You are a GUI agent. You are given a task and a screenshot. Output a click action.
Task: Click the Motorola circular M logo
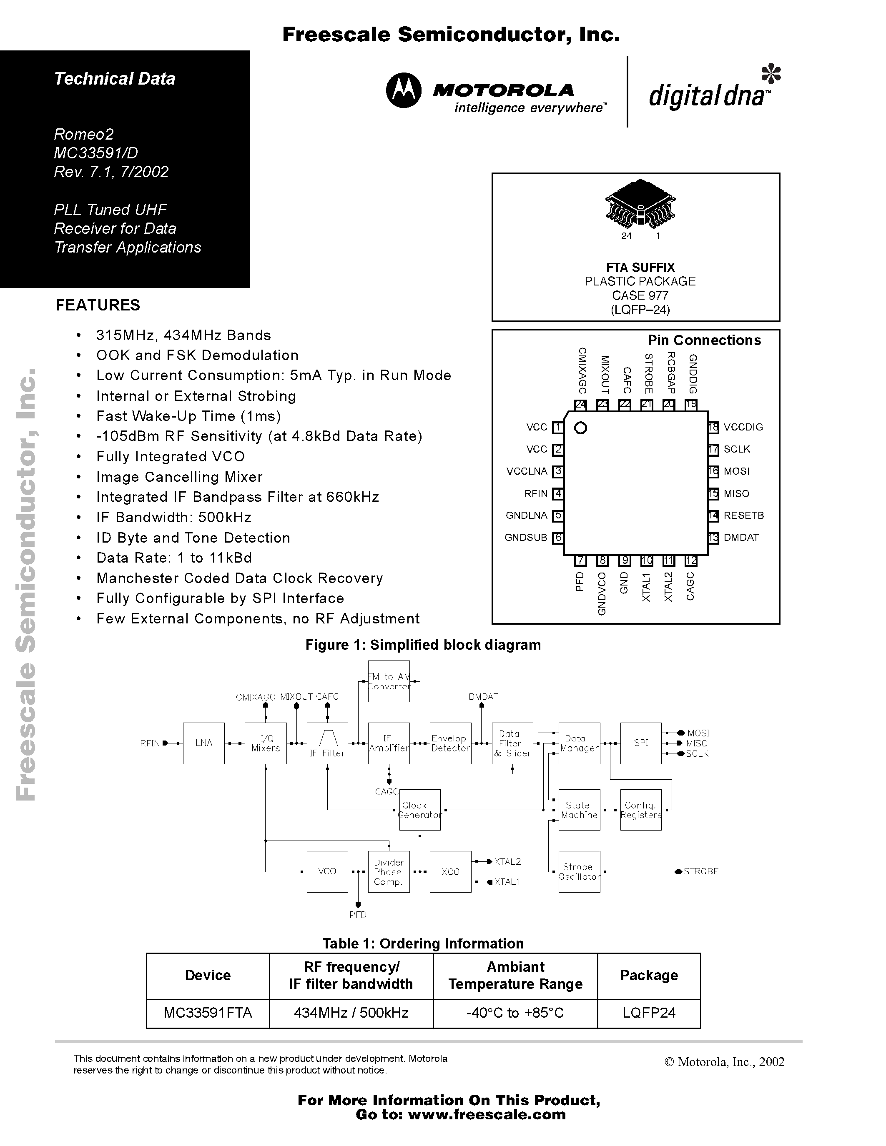point(403,91)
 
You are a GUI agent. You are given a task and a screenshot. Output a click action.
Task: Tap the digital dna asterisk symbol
point(771,74)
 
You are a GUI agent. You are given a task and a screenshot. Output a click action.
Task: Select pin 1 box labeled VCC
point(558,427)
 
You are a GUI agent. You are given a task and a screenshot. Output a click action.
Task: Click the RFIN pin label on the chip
point(536,494)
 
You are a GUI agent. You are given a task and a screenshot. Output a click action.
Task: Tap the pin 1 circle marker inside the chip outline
point(580,428)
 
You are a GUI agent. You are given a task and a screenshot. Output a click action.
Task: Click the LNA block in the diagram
point(203,743)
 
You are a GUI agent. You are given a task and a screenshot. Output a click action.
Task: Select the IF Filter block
point(327,743)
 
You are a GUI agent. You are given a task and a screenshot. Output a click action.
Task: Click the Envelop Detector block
point(450,743)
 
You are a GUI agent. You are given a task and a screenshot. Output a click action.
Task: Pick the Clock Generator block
point(419,810)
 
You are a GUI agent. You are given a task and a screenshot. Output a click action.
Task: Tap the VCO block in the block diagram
point(327,871)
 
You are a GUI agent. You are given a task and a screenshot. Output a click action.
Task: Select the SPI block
point(640,743)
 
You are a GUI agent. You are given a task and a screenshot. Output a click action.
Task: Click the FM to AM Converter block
point(389,681)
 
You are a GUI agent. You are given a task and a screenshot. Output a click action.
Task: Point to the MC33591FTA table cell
point(208,1013)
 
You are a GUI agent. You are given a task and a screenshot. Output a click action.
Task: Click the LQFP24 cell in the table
point(649,1013)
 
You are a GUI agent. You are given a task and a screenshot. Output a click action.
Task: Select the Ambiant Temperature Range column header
point(515,975)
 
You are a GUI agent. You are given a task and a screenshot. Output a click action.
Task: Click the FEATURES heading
point(98,305)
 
